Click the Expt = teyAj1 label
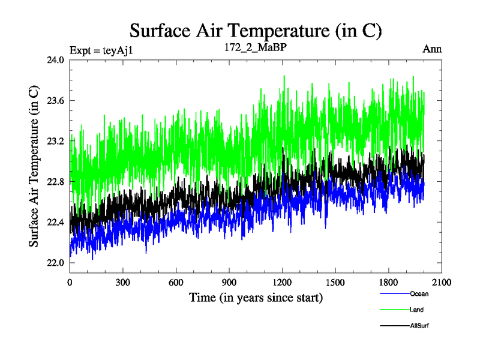(x=100, y=50)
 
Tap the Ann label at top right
(x=432, y=49)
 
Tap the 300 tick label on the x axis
(x=123, y=283)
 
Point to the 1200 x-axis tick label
(x=282, y=283)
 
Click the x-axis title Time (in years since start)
(x=256, y=298)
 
